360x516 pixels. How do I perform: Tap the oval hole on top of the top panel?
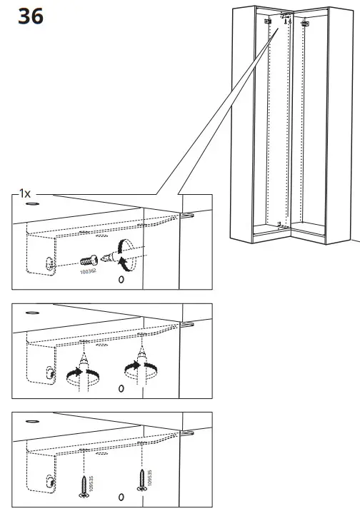32,203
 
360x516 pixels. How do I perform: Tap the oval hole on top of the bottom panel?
32,422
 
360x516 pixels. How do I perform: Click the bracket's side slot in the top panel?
49,263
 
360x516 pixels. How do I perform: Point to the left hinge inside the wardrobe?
270,22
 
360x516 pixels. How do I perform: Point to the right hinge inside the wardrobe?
306,24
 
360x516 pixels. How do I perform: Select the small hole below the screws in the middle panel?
121,388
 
